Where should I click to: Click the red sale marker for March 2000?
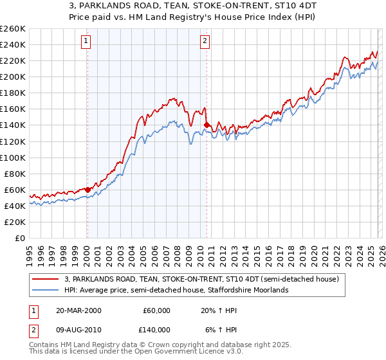point(87,190)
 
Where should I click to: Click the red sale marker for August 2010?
point(206,125)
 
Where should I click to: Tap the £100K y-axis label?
point(12,157)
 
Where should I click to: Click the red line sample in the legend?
point(46,279)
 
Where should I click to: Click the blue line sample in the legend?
point(46,290)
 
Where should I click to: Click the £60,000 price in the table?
point(156,310)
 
